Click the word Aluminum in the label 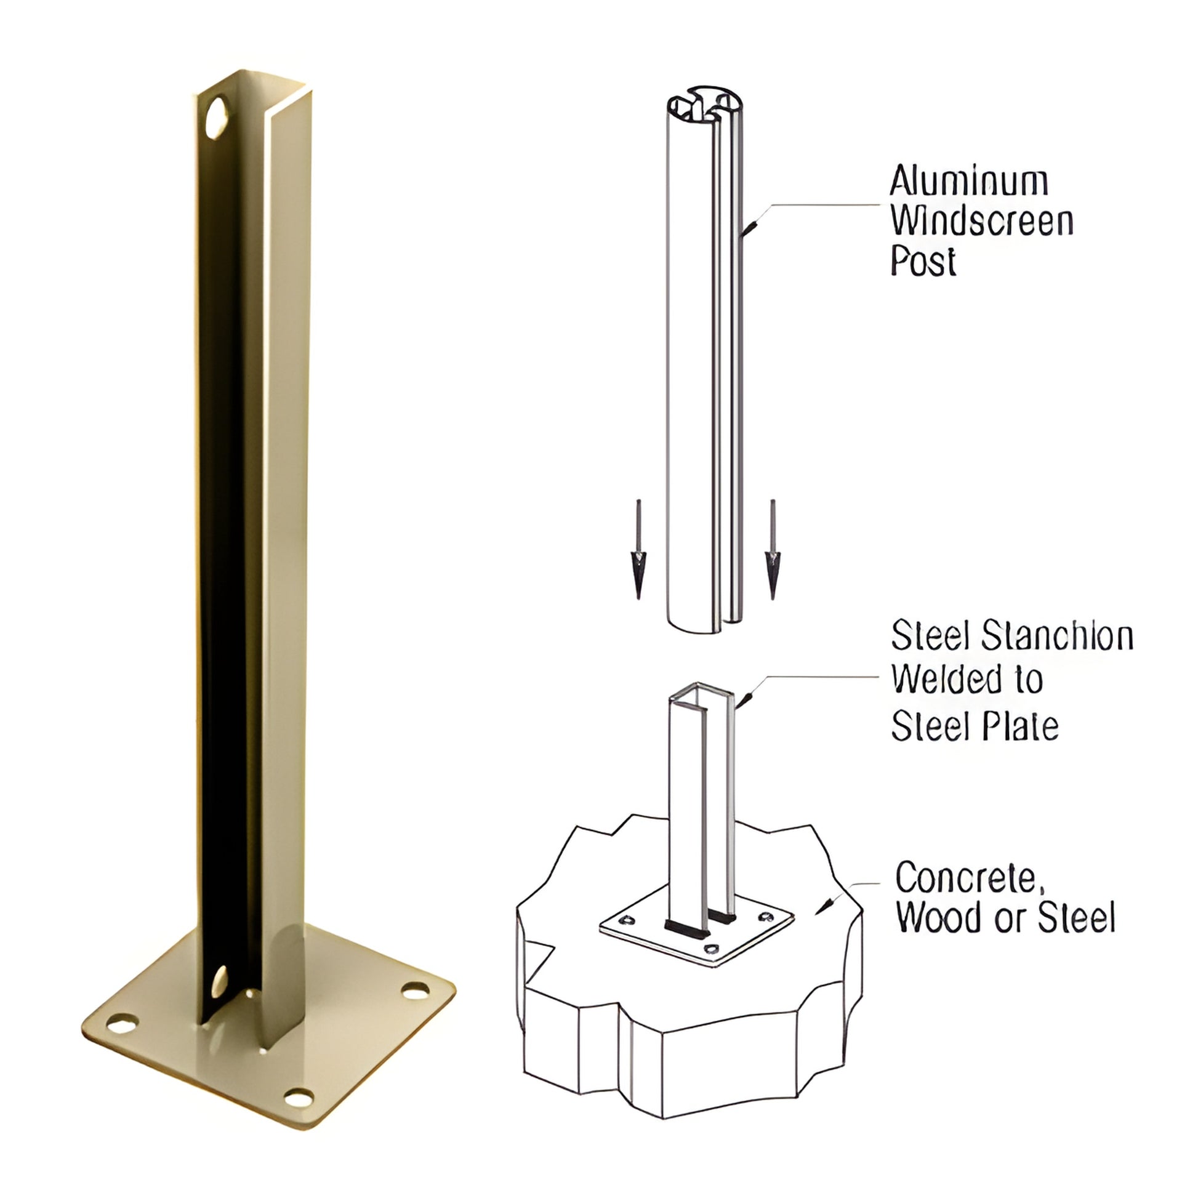pyautogui.click(x=968, y=182)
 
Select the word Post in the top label pyautogui.click(x=923, y=260)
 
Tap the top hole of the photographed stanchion pyautogui.click(x=217, y=118)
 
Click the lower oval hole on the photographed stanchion pyautogui.click(x=220, y=981)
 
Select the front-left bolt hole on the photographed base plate pyautogui.click(x=122, y=1024)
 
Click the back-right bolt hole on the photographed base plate pyautogui.click(x=415, y=990)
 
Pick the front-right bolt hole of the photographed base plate pyautogui.click(x=299, y=1098)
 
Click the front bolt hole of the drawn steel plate pyautogui.click(x=713, y=948)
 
